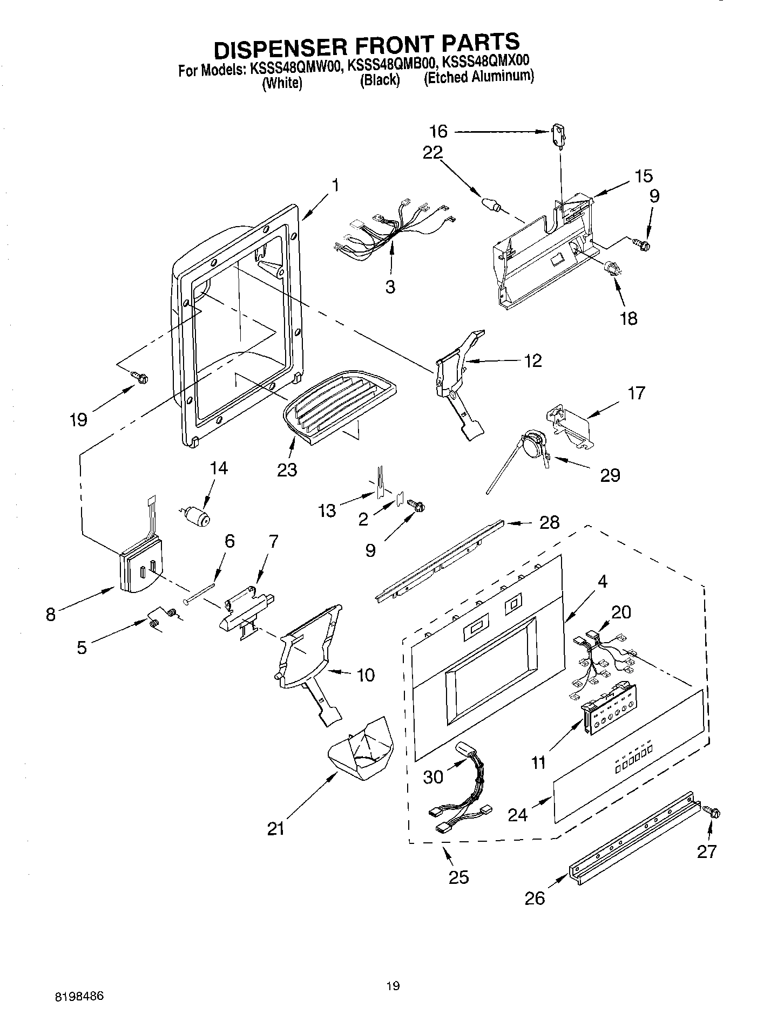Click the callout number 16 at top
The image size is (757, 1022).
pyautogui.click(x=438, y=131)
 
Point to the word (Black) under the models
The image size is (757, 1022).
pyautogui.click(x=380, y=80)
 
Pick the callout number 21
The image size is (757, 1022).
pyautogui.click(x=276, y=828)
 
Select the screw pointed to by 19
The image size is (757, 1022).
pyautogui.click(x=140, y=378)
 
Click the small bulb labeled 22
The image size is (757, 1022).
pyautogui.click(x=490, y=205)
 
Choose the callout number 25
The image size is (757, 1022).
pyautogui.click(x=458, y=877)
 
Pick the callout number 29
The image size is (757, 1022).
pyautogui.click(x=610, y=475)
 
